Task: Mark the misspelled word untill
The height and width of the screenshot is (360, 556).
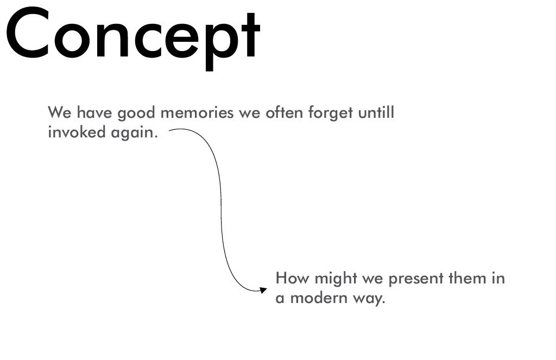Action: (376, 113)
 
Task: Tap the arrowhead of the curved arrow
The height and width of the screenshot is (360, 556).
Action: (263, 290)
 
